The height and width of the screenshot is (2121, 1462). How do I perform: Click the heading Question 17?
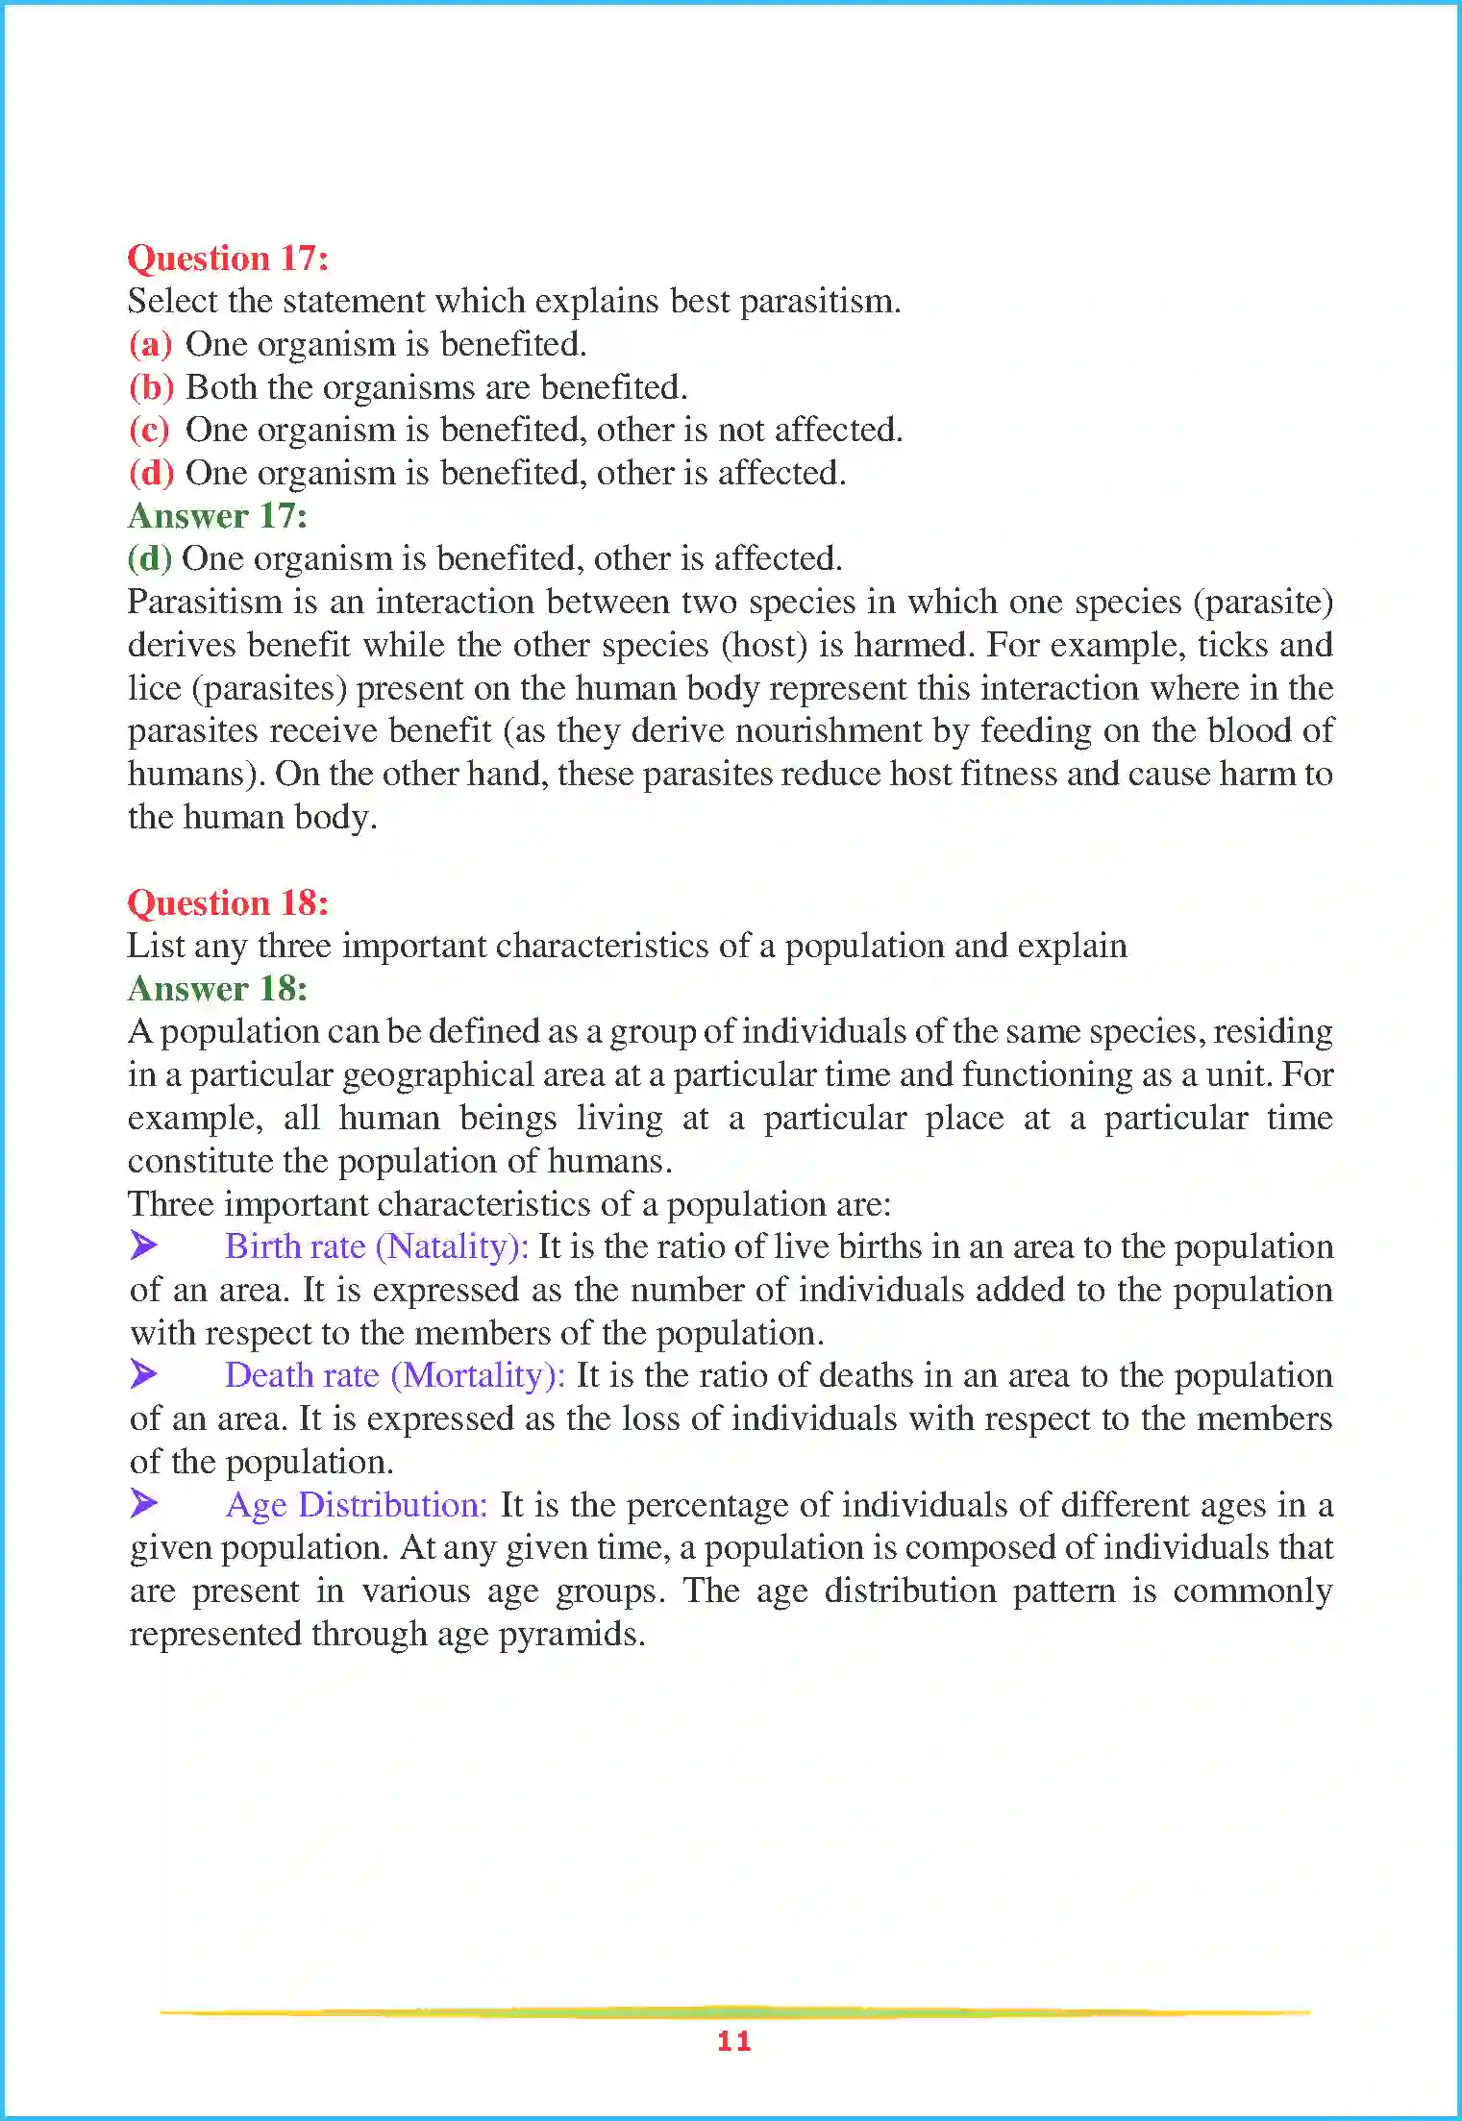tap(228, 259)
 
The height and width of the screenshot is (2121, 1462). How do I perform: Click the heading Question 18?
tap(228, 903)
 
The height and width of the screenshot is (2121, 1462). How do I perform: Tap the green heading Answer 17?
tap(217, 516)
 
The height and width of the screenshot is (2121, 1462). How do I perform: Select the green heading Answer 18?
tap(217, 989)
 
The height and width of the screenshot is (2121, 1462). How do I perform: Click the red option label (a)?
tap(150, 344)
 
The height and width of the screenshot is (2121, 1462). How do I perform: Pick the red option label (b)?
tap(151, 387)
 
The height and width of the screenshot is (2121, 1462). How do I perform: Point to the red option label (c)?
tap(149, 430)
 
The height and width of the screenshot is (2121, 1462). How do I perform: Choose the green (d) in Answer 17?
tap(149, 558)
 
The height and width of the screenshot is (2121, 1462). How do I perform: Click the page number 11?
tap(733, 2041)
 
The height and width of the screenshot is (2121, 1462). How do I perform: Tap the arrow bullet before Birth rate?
tap(144, 1245)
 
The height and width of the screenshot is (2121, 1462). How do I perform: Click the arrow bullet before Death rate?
tap(144, 1374)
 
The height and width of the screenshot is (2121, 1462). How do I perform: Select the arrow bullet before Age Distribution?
tap(144, 1503)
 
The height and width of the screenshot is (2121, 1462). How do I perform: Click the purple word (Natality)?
tap(452, 1246)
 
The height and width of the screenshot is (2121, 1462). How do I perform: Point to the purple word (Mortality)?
tap(478, 1375)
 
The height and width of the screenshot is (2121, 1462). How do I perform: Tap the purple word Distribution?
tap(393, 1504)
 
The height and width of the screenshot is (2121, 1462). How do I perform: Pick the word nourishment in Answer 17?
tap(829, 730)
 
